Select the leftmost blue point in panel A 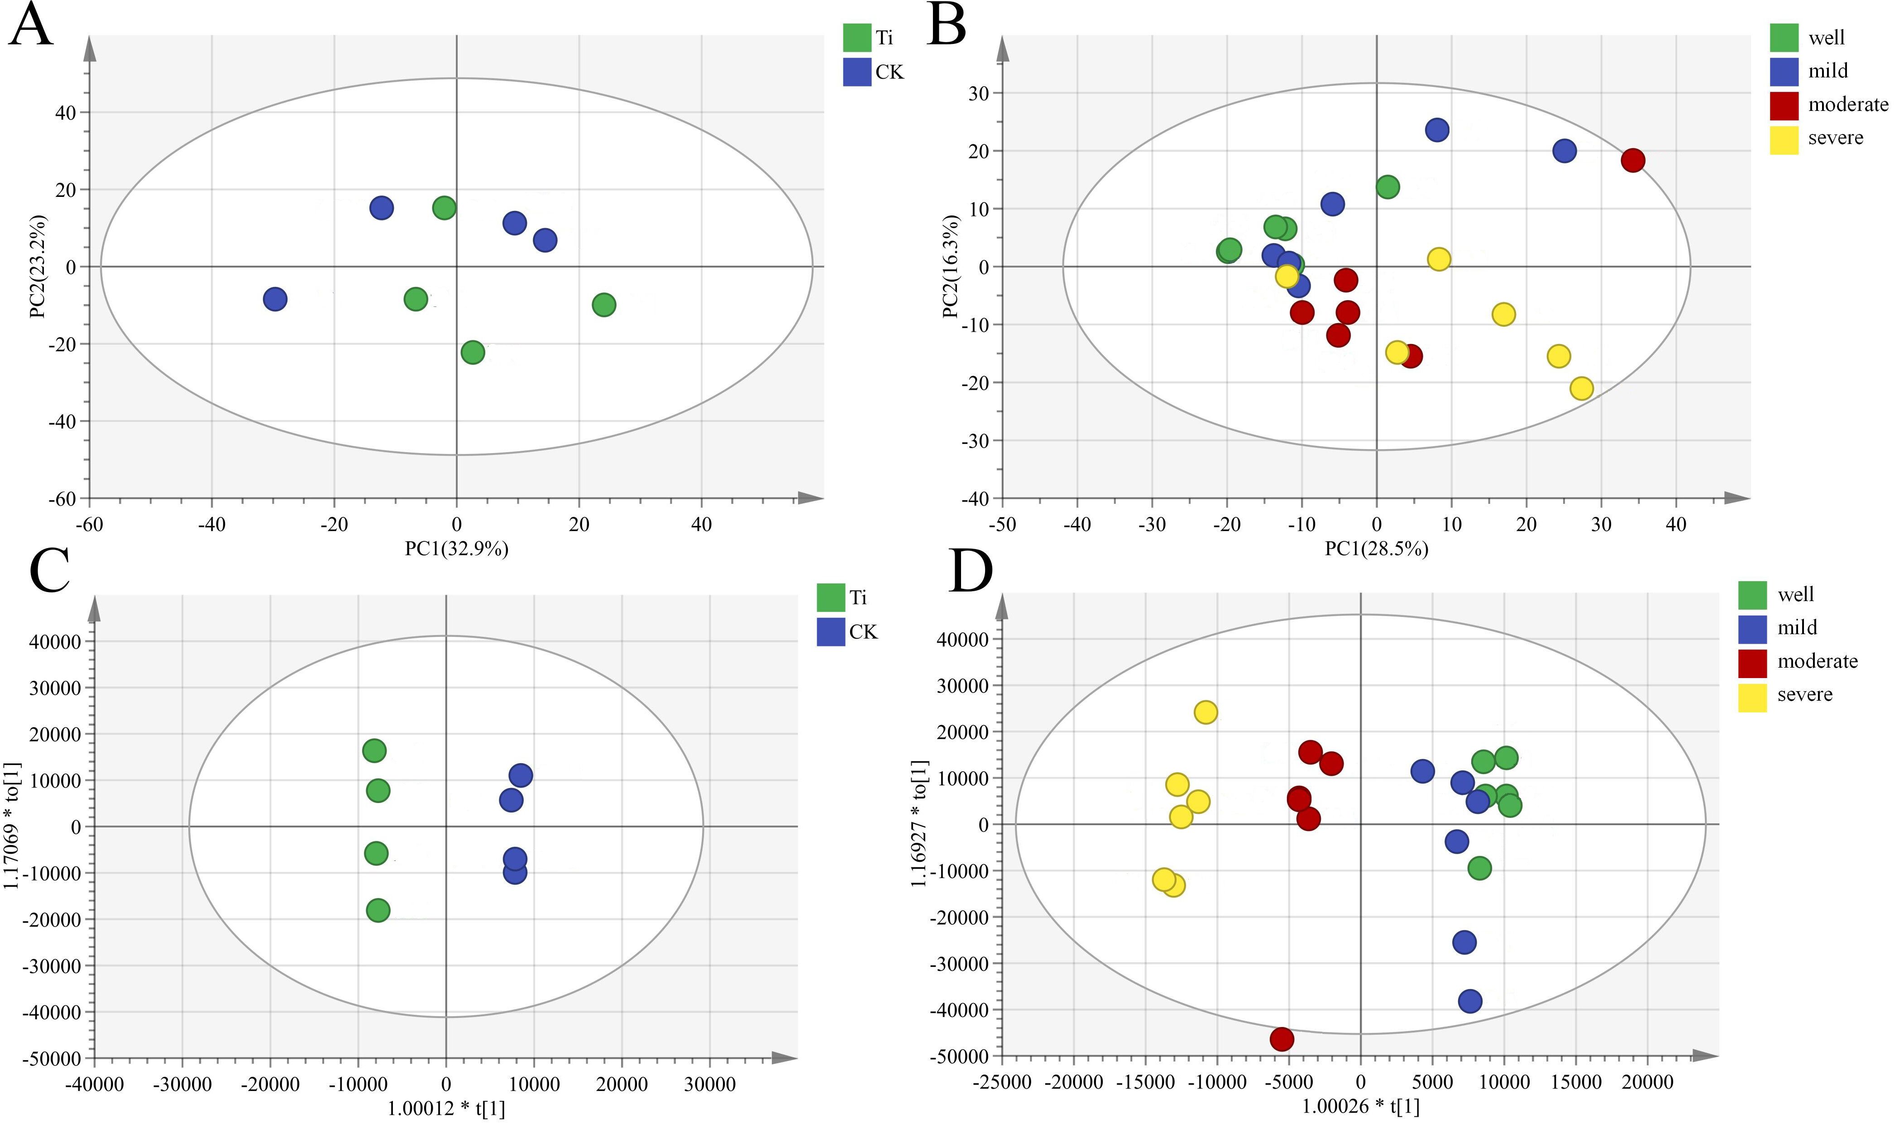[275, 299]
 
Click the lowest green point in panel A [472, 352]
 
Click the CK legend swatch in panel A [857, 72]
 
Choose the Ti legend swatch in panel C [831, 597]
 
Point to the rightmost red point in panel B [1633, 160]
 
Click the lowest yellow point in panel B [1581, 389]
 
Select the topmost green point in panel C [374, 750]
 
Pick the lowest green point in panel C [378, 910]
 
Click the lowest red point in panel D [1282, 1039]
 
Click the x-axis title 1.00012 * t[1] [446, 1109]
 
